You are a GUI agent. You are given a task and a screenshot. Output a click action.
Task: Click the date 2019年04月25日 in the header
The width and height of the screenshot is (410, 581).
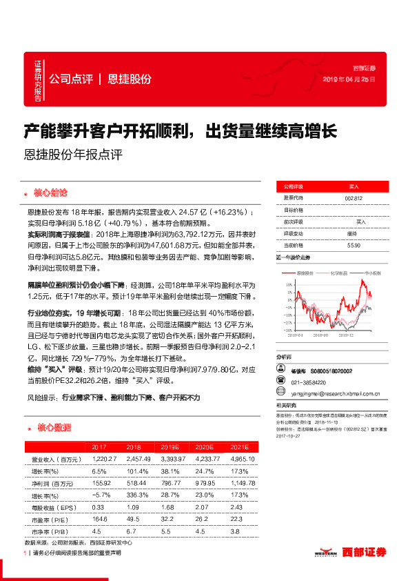[349, 80]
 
